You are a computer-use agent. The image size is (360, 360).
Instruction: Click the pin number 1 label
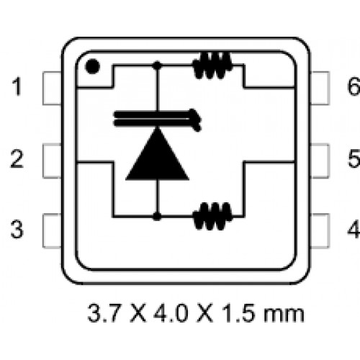coord(17,86)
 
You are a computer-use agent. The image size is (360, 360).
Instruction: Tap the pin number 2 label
coord(17,158)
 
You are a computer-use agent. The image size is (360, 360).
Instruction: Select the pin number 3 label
coord(17,229)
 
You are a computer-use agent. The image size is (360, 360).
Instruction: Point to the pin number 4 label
coord(354,229)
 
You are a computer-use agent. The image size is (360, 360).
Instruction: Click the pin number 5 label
coord(354,158)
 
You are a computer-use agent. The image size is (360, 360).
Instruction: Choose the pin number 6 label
coord(354,86)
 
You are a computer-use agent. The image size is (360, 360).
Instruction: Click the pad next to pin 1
coord(52,89)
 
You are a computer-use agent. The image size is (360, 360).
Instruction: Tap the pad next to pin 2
coord(52,161)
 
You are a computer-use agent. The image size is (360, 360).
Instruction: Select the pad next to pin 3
coord(52,230)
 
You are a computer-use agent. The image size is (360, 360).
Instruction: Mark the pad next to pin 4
coord(320,230)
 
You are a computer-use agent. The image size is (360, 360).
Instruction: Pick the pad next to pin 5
coord(320,161)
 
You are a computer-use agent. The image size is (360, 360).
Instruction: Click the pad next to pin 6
coord(320,89)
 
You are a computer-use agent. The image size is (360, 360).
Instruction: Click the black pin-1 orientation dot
coord(92,66)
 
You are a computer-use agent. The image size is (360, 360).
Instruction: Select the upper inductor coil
coord(212,66)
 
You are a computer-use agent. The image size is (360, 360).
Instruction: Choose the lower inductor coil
coord(212,217)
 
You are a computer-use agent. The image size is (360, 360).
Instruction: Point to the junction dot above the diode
coord(157,66)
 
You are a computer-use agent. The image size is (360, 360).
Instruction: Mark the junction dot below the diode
coord(157,217)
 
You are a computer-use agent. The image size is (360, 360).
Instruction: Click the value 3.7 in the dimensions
coord(103,313)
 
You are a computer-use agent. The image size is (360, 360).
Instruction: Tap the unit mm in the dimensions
coord(284,315)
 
